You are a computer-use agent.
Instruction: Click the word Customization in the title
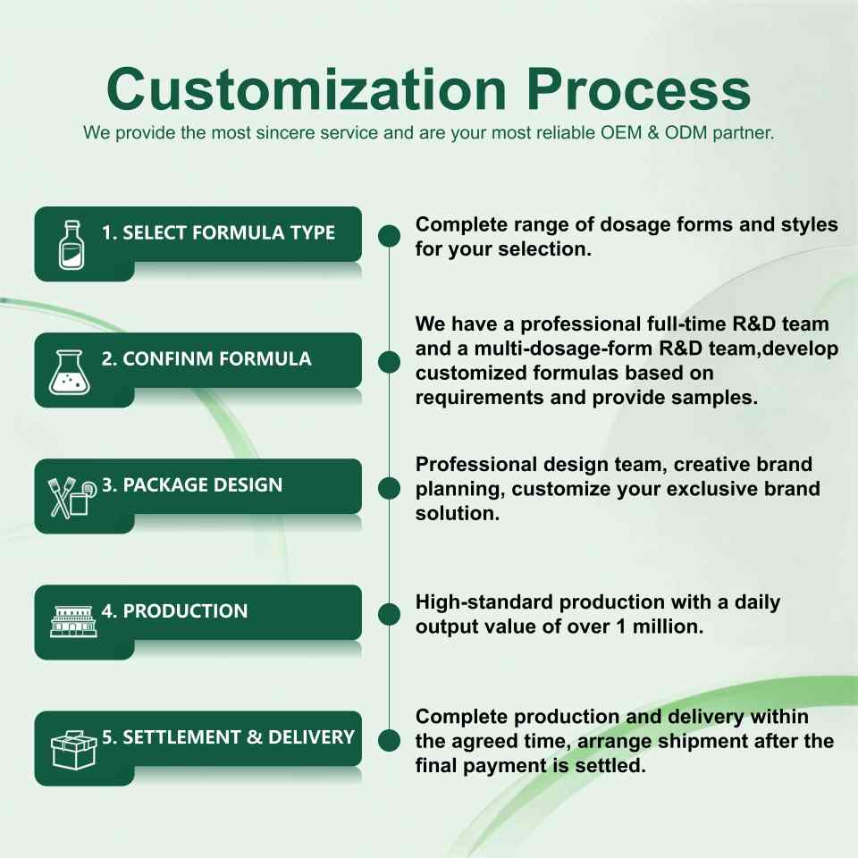coord(307,89)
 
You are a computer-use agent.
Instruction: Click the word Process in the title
coord(638,89)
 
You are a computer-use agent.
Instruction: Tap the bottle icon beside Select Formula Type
coord(71,245)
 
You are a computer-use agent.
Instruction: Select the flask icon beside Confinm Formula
coord(69,372)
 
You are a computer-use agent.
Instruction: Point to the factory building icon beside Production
coord(73,621)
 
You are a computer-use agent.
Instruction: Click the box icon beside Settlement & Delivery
coord(73,750)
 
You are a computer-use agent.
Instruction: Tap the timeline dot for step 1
coord(389,236)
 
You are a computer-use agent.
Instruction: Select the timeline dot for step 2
coord(389,362)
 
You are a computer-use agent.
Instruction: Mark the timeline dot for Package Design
coord(389,488)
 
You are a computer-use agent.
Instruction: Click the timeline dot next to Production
coord(389,615)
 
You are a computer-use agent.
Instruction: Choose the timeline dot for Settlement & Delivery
coord(389,740)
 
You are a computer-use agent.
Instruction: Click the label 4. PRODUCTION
coord(174,610)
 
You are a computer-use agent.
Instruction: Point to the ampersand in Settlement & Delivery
coord(255,737)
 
